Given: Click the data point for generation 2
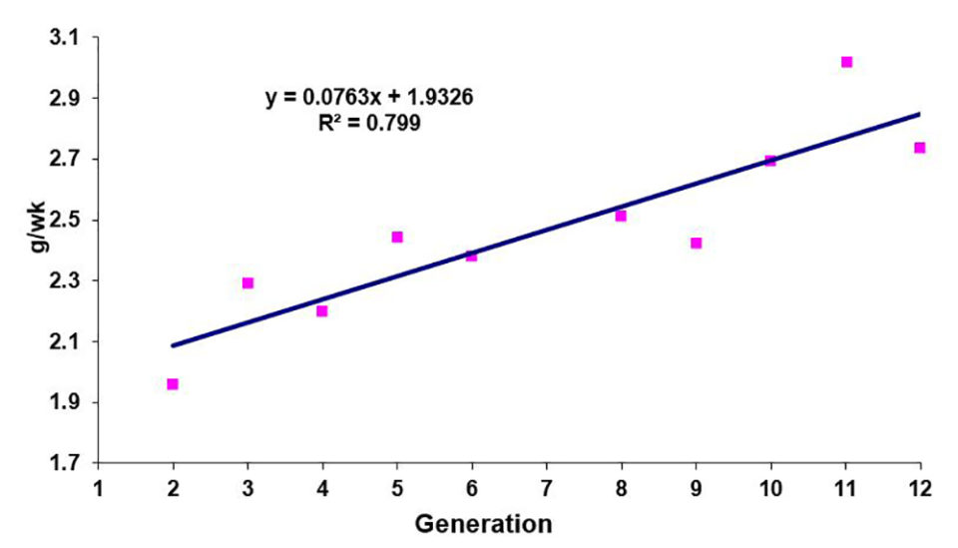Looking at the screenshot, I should point(173,384).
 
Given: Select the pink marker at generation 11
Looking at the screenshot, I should point(846,62).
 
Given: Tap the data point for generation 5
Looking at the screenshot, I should point(397,237).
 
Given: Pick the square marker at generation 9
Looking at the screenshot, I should point(696,243).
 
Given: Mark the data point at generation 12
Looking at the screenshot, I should point(920,148).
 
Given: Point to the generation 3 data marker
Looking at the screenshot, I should point(247,282).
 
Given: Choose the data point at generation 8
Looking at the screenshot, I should point(621,216).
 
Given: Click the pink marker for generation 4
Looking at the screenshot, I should point(322,310).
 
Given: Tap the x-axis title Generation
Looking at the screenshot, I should point(483,524).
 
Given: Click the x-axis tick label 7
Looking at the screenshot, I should point(547,489).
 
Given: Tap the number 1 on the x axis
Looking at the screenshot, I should point(99,489).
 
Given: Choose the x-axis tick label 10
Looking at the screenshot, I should point(770,489).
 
